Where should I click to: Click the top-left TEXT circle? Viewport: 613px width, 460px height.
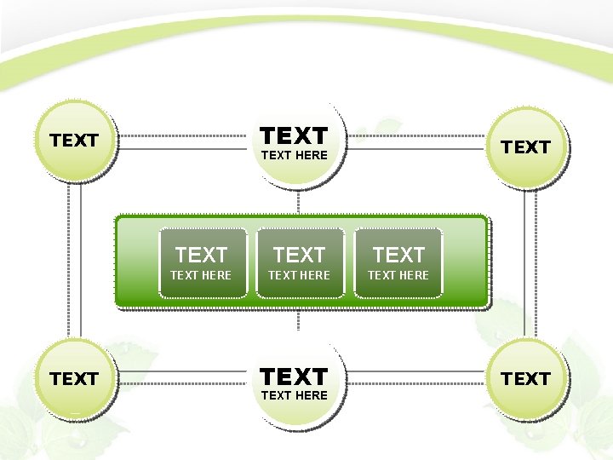click(x=75, y=141)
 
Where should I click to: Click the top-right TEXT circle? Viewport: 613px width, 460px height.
click(x=525, y=147)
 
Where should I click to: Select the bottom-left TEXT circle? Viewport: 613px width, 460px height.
click(x=75, y=378)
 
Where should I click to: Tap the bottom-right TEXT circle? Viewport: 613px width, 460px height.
click(x=525, y=378)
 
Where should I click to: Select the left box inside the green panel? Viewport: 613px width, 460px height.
click(x=202, y=262)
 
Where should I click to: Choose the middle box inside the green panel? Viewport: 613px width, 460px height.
click(x=300, y=262)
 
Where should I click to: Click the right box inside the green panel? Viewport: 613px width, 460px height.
click(x=398, y=262)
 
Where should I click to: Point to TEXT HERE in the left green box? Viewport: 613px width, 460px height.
click(x=201, y=275)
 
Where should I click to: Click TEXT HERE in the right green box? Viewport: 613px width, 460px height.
click(x=398, y=275)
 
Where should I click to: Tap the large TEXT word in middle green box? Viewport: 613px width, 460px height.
click(x=300, y=254)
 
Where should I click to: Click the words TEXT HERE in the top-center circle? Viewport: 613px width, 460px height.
click(x=295, y=155)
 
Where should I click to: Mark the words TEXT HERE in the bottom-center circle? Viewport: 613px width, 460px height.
click(x=295, y=395)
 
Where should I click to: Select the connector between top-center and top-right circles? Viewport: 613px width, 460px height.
click(x=417, y=135)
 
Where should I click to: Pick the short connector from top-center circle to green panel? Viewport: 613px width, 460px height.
click(x=298, y=201)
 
